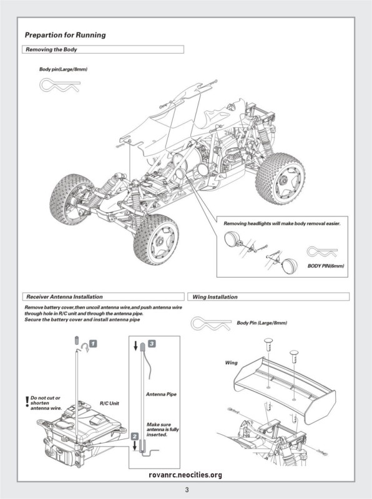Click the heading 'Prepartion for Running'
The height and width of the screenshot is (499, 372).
tap(66, 35)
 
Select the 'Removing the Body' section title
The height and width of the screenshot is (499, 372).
tap(51, 50)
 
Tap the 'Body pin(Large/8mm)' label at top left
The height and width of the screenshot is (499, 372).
tap(63, 69)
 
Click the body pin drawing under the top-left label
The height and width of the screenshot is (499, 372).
tap(59, 84)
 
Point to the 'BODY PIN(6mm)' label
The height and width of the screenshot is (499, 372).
tap(326, 266)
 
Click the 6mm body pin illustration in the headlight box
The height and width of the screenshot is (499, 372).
tap(321, 252)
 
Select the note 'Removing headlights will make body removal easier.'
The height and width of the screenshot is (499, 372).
tap(282, 223)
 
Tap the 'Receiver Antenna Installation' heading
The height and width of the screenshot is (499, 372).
tap(64, 297)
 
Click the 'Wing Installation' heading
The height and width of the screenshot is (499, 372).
tap(215, 297)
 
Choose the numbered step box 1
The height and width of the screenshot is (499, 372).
tap(93, 344)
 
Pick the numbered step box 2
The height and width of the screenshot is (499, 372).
tap(135, 436)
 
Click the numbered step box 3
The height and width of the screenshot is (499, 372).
tap(152, 344)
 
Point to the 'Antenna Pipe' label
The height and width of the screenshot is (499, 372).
tap(161, 394)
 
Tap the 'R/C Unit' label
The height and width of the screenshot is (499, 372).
tap(109, 404)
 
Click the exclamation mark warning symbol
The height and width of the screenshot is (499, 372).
tap(27, 402)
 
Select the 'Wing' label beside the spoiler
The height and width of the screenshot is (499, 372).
tap(231, 363)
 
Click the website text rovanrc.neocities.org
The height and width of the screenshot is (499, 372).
tap(185, 475)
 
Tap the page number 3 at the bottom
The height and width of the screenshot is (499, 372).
tap(187, 490)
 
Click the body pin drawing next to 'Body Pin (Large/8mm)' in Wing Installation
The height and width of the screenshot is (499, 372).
tap(211, 324)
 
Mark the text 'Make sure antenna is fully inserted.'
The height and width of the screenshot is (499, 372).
tap(162, 430)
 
